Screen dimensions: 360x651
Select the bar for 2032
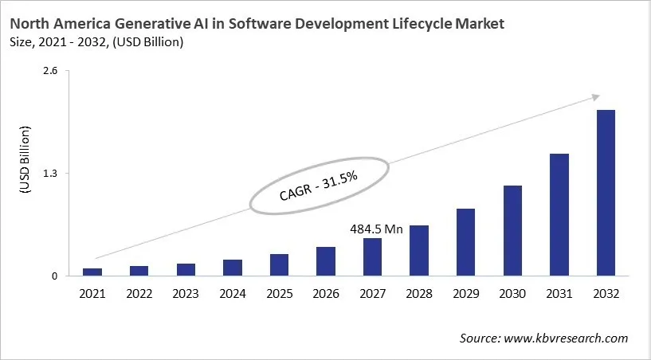tap(606, 193)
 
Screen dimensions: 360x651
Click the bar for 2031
tap(559, 215)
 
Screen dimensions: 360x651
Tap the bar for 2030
tap(512, 231)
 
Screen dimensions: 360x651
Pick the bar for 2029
tap(465, 242)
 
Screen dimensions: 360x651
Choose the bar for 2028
tap(419, 251)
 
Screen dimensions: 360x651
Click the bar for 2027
tap(372, 257)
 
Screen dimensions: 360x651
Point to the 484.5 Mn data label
tap(376, 229)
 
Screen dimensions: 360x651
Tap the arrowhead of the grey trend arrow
tap(594, 97)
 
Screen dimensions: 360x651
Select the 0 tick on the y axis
tap(55, 276)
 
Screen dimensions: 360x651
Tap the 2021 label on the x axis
tap(92, 294)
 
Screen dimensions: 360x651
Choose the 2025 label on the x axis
tap(279, 294)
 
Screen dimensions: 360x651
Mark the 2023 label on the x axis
tap(186, 294)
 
